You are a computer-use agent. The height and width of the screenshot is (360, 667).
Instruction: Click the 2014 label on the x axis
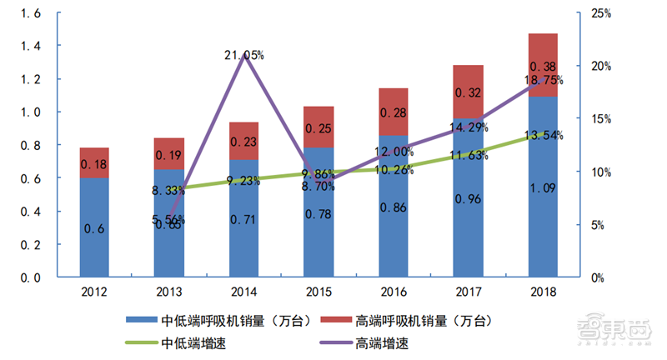pyautogui.click(x=243, y=292)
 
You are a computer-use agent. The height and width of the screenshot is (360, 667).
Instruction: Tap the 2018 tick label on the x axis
pyautogui.click(x=543, y=292)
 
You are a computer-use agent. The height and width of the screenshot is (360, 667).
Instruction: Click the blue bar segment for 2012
pyautogui.click(x=94, y=227)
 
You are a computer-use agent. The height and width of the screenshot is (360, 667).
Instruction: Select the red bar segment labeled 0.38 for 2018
pyautogui.click(x=543, y=65)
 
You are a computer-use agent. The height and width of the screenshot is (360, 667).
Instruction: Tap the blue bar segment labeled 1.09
pyautogui.click(x=543, y=187)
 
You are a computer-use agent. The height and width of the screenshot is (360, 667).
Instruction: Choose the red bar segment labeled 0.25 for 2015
pyautogui.click(x=318, y=127)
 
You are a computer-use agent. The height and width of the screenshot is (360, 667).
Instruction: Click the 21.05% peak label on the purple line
pyautogui.click(x=244, y=56)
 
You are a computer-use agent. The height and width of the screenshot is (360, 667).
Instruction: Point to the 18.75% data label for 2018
pyautogui.click(x=543, y=80)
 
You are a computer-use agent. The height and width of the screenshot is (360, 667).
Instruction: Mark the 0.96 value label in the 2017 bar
pyautogui.click(x=469, y=199)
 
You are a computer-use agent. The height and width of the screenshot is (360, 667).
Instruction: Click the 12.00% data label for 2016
pyautogui.click(x=394, y=152)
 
